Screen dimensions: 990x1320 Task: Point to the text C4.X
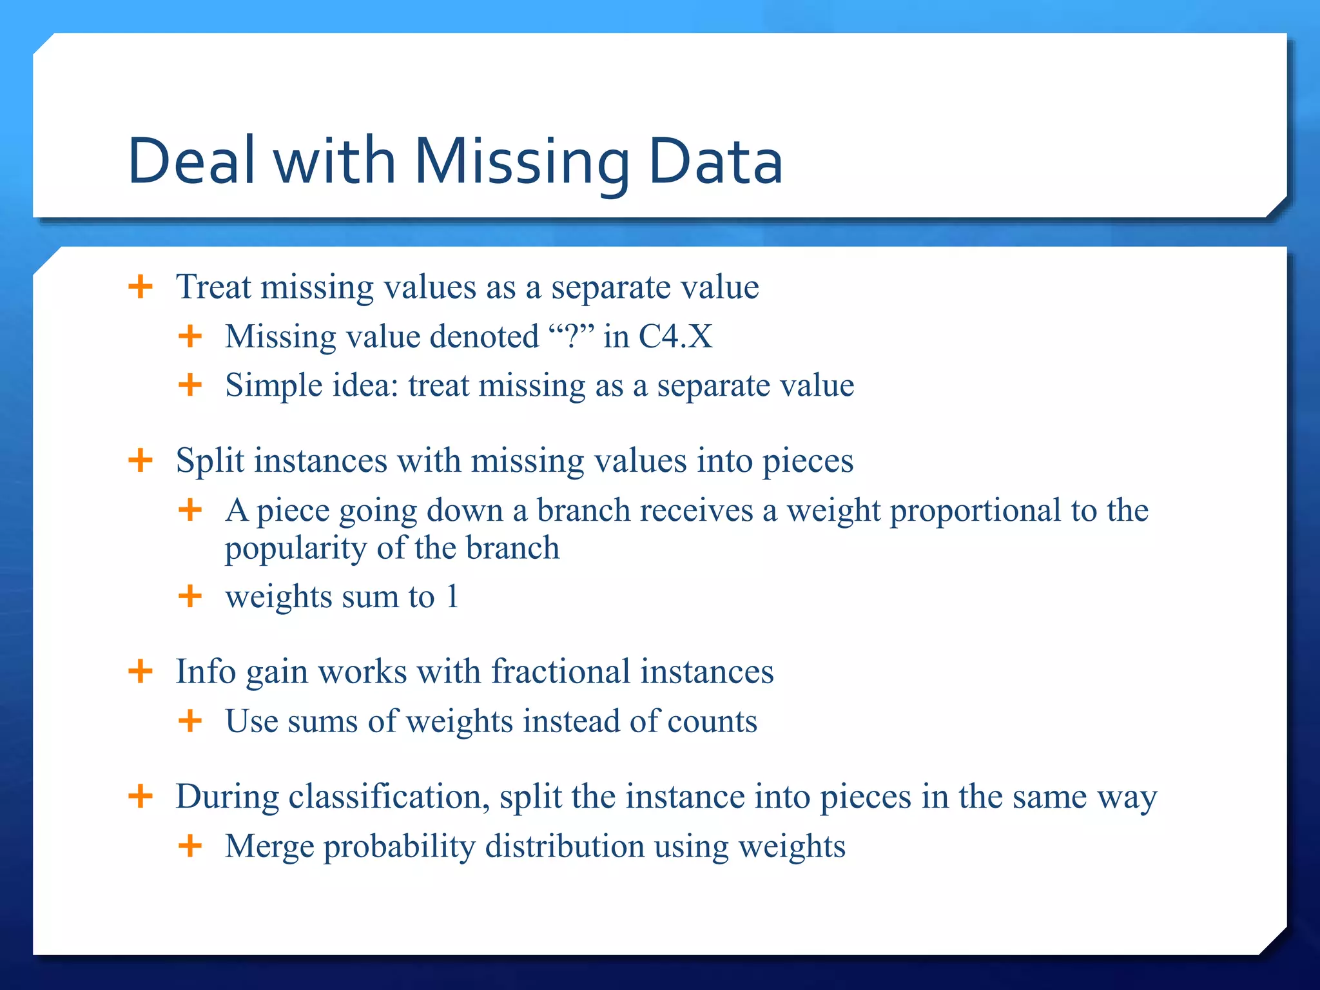click(675, 336)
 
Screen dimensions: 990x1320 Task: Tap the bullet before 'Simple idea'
click(190, 385)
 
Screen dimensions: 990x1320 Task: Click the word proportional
click(975, 510)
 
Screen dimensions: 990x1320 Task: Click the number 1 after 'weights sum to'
click(452, 596)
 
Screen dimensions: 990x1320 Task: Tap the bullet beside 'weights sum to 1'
click(190, 596)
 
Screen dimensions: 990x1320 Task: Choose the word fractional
click(559, 672)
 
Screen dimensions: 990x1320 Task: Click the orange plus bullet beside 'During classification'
click(141, 796)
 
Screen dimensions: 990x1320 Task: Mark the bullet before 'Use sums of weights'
click(190, 721)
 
